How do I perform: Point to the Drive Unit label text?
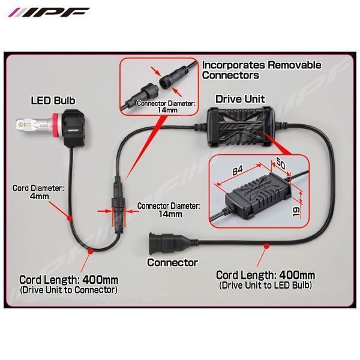pos(240,98)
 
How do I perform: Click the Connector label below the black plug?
pos(172,262)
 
